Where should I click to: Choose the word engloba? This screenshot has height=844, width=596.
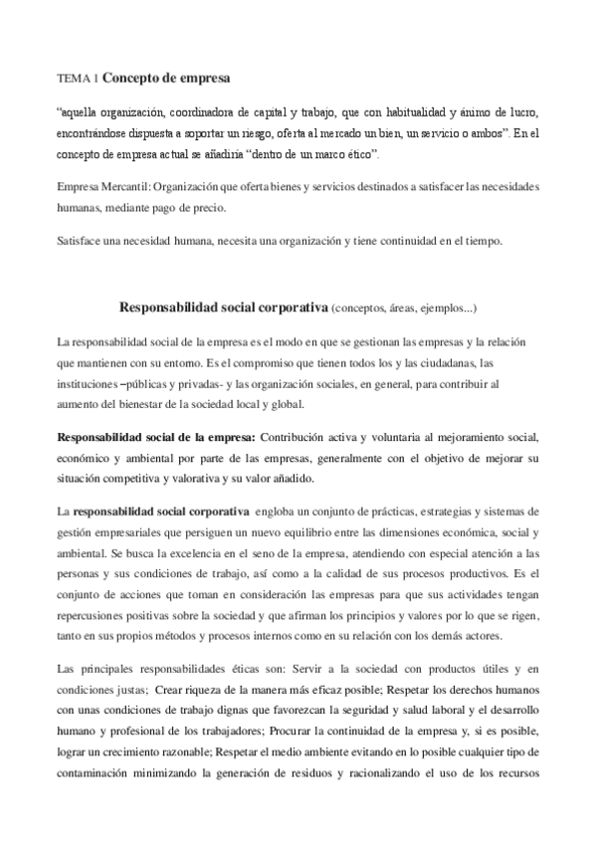point(280,511)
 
